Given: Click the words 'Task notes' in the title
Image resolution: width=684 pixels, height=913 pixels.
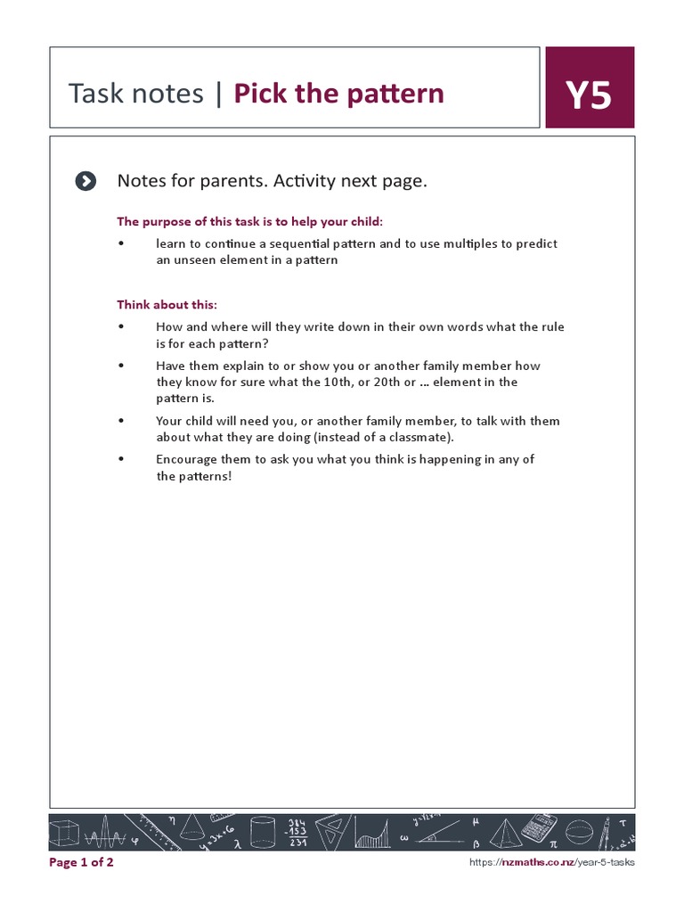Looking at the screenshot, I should click(135, 93).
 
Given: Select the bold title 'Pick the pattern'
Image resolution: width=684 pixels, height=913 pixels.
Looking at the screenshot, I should click(338, 93).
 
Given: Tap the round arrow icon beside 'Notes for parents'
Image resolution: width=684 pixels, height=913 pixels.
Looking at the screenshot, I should click(85, 182).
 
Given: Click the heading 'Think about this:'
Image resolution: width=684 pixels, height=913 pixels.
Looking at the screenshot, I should click(167, 304).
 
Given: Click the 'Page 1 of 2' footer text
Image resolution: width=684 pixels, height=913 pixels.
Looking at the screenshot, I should click(81, 862).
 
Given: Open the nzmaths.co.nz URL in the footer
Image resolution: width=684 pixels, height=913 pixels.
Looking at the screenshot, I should click(551, 862).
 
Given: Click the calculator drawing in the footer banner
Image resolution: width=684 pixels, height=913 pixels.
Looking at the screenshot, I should click(538, 828).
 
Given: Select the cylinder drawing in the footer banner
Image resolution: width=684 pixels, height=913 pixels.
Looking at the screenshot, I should click(263, 832).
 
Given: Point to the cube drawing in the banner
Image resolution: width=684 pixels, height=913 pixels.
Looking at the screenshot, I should click(64, 833).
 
